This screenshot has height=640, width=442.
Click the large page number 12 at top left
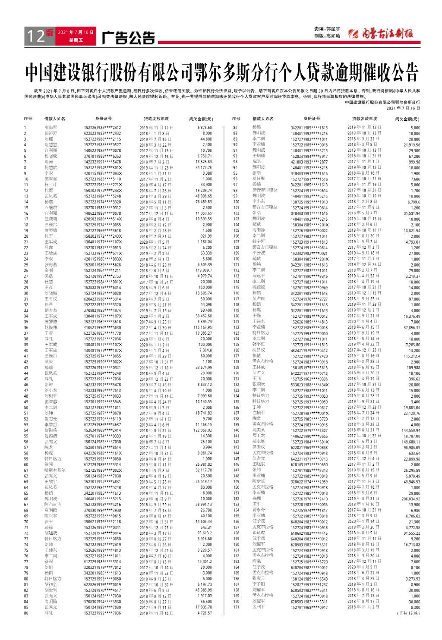tap(35, 36)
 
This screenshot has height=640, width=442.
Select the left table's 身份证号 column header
tap(104, 119)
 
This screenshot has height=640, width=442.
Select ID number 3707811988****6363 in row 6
tap(102, 156)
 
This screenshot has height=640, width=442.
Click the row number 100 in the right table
tap(236, 202)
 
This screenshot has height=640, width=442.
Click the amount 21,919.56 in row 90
tap(412, 145)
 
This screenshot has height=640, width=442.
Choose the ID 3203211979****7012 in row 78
tap(102, 567)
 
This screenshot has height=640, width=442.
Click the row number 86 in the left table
tap(26, 613)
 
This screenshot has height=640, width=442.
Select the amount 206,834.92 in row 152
tap(410, 499)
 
